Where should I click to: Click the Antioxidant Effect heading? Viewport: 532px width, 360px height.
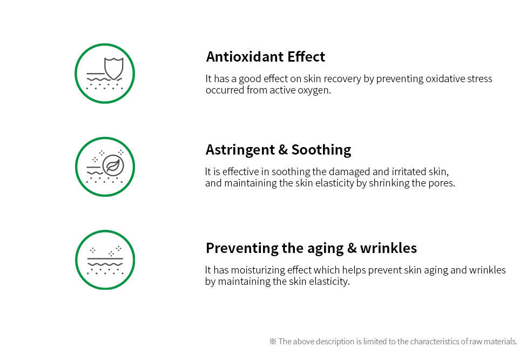[265, 57]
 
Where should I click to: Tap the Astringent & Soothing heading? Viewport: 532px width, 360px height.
[278, 150]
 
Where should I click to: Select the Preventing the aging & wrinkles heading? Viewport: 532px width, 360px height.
[311, 248]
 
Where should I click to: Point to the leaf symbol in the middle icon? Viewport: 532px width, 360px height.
[113, 165]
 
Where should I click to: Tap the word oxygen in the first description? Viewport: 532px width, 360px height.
[313, 90]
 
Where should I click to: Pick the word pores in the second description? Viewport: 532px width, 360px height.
[442, 183]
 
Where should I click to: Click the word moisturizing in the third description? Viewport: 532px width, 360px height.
[258, 270]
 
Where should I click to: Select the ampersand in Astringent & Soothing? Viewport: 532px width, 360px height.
[282, 150]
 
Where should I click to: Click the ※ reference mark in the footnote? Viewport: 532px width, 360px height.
[273, 342]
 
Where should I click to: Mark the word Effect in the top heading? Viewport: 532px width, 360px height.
[306, 57]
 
